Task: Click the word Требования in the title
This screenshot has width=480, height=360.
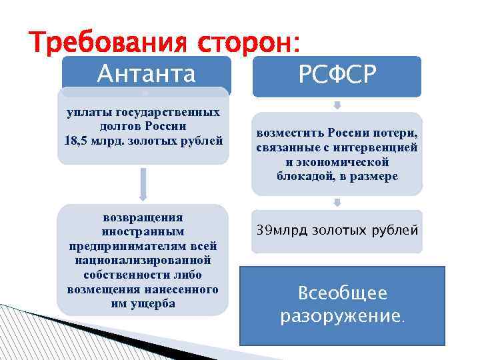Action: coord(107,45)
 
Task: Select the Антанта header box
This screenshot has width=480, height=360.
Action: coord(146,73)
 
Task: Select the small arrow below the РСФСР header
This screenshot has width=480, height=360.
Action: coord(337,105)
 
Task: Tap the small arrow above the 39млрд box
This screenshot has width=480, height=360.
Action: coord(337,201)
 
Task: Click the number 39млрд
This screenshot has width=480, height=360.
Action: coord(284,231)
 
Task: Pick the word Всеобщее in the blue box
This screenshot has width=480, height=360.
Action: coord(343,293)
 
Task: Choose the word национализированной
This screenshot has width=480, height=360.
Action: coord(143,260)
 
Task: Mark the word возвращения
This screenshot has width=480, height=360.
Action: coord(143,217)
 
